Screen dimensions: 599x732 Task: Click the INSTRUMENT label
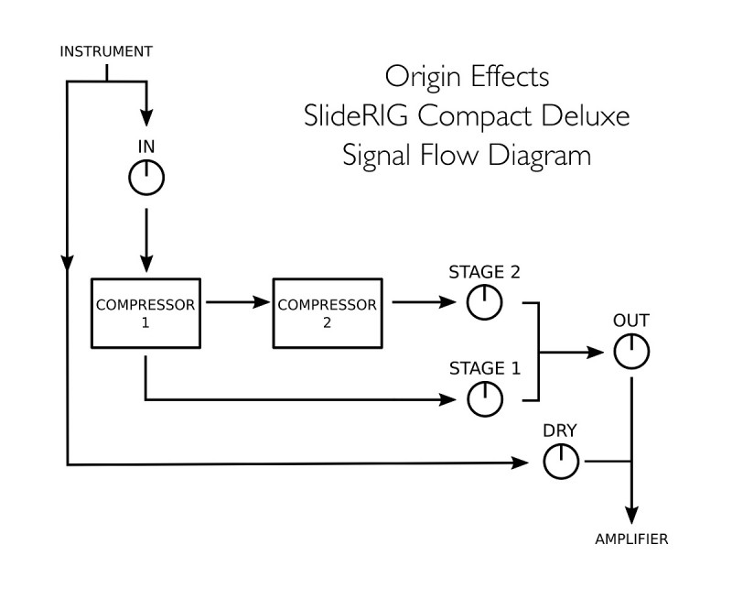(x=105, y=51)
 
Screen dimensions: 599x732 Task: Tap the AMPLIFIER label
(x=630, y=539)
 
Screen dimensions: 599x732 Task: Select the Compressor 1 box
(x=145, y=311)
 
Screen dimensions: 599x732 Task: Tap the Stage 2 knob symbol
(x=485, y=302)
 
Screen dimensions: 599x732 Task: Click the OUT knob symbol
(x=630, y=351)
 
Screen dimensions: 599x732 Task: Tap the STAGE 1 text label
(x=485, y=369)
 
